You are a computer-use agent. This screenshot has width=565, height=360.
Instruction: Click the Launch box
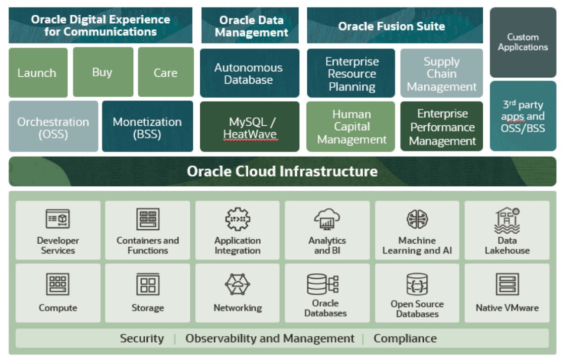tap(38, 73)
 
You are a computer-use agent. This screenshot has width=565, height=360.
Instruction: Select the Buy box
tap(103, 72)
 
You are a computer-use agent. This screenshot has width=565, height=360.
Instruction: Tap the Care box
tap(166, 73)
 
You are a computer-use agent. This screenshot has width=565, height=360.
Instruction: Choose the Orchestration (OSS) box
tap(53, 127)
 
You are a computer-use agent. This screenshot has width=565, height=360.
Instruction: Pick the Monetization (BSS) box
tap(147, 127)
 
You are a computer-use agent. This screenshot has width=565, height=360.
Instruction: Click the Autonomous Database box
tap(249, 73)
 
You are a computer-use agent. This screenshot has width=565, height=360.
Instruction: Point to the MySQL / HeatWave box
tap(249, 127)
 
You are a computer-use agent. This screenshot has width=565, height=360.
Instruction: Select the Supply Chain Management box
tap(441, 74)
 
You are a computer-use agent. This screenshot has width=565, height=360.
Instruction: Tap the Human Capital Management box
tap(351, 127)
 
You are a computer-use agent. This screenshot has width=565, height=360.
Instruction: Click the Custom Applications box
tap(523, 43)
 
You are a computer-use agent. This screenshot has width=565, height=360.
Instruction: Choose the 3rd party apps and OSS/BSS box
tap(523, 116)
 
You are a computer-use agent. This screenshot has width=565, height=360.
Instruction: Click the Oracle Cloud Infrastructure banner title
tap(282, 172)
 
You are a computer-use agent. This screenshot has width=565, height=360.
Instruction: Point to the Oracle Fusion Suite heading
tap(392, 26)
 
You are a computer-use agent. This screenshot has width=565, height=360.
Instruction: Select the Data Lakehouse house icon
tap(507, 220)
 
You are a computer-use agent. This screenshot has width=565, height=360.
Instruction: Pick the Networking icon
tap(237, 285)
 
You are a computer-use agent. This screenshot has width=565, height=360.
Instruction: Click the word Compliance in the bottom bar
tap(405, 339)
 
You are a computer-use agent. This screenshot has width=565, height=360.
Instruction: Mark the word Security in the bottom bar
tap(142, 339)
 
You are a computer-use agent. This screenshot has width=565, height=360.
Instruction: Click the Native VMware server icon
tap(507, 285)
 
